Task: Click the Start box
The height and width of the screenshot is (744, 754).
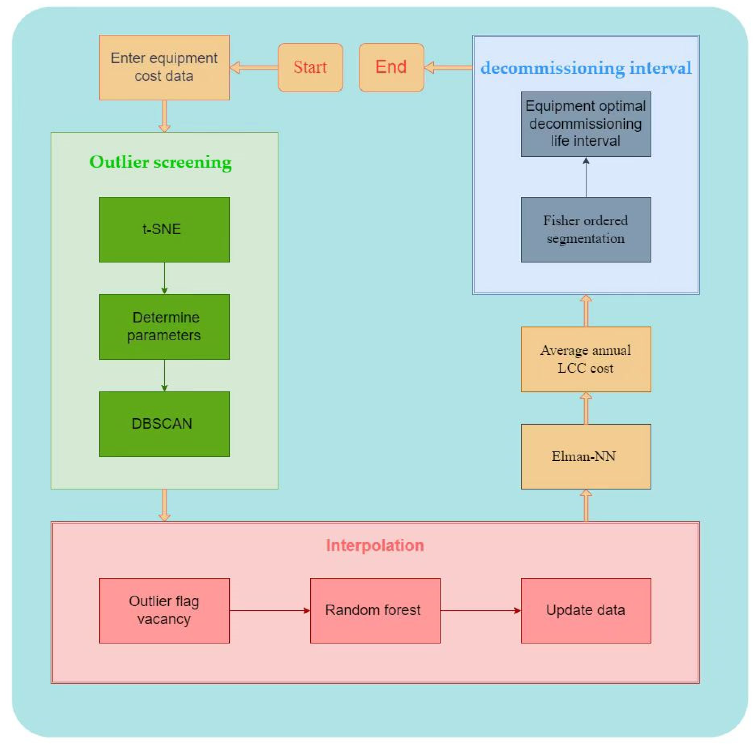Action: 310,68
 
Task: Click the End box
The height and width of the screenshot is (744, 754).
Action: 391,68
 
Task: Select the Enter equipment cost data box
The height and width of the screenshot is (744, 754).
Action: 164,68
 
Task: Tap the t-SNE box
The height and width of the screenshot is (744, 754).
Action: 164,230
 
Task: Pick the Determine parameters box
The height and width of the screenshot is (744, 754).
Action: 164,327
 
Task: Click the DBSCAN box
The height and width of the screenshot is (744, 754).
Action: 164,424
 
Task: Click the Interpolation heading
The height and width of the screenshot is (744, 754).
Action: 375,545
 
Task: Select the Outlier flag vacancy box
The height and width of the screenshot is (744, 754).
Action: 164,611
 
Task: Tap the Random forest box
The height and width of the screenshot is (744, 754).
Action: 375,611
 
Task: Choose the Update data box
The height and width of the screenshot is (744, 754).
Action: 586,611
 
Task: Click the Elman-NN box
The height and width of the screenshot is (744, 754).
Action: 586,456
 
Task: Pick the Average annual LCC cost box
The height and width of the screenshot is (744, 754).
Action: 586,359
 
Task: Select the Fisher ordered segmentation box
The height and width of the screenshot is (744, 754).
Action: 586,230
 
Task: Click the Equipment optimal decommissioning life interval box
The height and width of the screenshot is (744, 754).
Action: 586,124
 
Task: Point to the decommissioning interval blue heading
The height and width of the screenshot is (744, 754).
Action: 586,68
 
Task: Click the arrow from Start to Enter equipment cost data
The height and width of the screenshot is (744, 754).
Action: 254,68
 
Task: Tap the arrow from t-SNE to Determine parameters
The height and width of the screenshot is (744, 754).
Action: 164,278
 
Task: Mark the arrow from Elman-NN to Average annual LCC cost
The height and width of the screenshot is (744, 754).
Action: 586,408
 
